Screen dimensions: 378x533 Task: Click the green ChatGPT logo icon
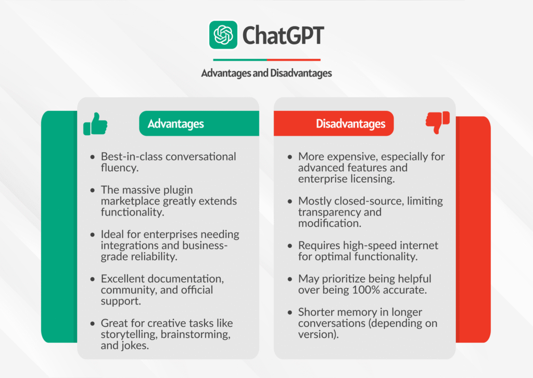223,35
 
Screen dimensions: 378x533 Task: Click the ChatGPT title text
283,35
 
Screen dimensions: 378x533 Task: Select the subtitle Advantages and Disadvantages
266,73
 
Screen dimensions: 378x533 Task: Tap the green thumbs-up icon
95,124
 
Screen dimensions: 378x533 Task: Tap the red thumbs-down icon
437,123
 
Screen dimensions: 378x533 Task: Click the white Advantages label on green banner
176,124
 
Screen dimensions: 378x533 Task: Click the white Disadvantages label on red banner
351,124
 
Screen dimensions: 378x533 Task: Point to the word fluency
120,168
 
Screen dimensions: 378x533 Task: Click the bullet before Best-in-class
93,157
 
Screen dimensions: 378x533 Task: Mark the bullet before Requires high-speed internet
290,245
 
